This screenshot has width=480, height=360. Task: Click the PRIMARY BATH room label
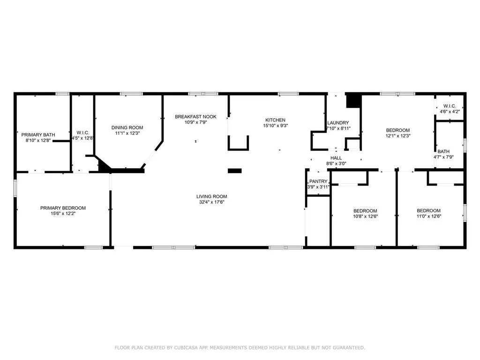38,135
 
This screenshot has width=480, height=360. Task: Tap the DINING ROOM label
127,127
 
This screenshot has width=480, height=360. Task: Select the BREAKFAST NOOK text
195,116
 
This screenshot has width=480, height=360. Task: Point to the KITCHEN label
275,120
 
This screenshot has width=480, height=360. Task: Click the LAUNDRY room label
337,123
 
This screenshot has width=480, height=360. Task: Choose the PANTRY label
318,181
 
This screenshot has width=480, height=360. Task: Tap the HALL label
336,158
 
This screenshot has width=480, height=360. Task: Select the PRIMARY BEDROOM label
63,208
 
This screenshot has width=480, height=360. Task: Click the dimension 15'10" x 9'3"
275,126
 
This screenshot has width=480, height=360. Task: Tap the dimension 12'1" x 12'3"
397,136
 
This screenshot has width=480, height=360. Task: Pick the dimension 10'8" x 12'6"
365,217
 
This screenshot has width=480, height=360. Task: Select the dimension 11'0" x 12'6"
428,217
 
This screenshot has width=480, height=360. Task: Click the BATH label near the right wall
443,151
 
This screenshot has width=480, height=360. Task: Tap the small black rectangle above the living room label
234,171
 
